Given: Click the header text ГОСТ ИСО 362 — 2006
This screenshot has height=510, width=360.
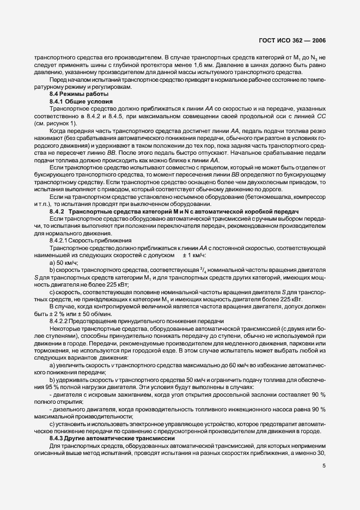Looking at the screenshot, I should click(295, 40).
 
